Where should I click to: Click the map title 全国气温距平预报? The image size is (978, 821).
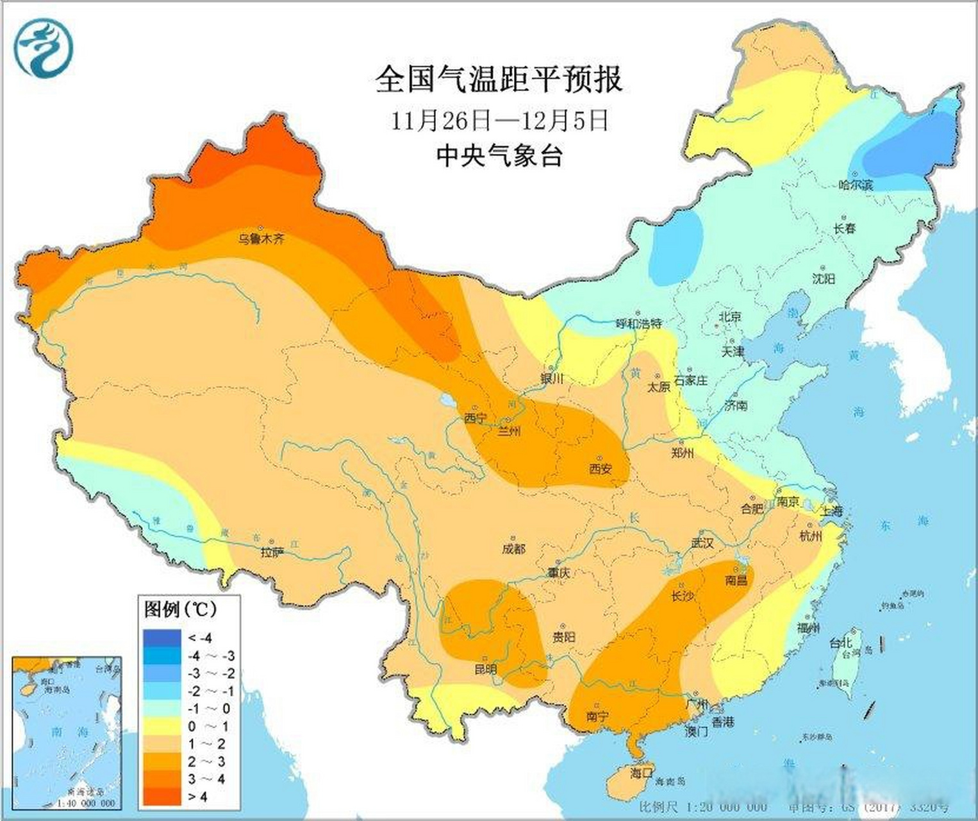point(499,80)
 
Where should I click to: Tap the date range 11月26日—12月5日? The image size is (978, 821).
point(499,120)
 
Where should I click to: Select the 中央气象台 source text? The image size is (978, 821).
point(499,155)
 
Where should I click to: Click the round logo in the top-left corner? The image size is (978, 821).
point(44,48)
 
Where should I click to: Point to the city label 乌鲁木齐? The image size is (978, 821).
point(261,239)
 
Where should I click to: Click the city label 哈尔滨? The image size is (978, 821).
point(856,185)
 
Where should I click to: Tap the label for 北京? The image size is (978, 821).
point(730,316)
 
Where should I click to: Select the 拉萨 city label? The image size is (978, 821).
point(272,552)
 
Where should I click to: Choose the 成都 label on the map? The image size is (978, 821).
point(514,548)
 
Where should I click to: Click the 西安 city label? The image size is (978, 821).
point(601,469)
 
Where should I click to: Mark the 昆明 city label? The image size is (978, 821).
point(485,669)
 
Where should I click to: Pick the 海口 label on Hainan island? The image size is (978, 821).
point(641,773)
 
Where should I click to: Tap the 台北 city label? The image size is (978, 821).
point(840,643)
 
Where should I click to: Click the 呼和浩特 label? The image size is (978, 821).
point(638,324)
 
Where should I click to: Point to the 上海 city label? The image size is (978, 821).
point(831,511)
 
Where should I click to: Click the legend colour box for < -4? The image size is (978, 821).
point(162,638)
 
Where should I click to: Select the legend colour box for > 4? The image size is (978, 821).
point(162,797)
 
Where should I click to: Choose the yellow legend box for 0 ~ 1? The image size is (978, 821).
point(162,726)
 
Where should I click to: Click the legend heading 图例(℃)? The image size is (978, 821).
point(181,609)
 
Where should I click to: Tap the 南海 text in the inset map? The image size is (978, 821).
point(57,732)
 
